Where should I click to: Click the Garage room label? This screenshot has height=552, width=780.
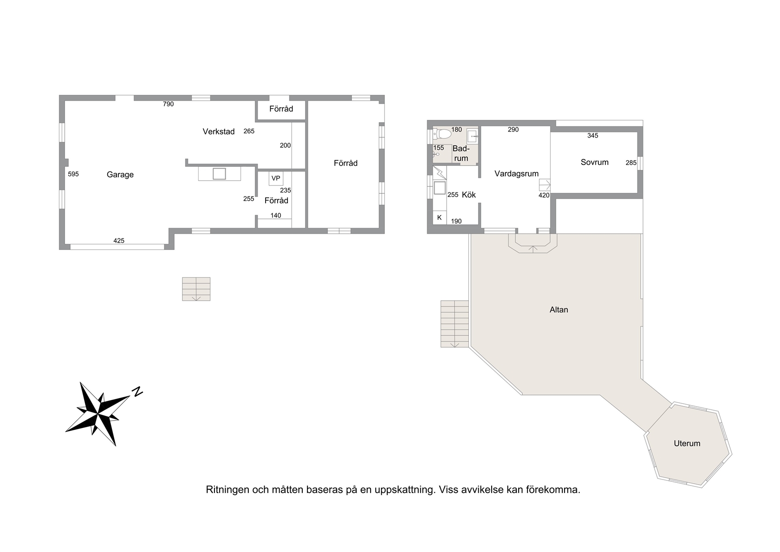120,175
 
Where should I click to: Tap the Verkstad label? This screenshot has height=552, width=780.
219,131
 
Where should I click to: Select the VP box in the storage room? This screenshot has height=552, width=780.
276,178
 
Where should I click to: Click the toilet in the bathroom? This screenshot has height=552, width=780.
443,134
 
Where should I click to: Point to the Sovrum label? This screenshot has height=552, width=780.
594,162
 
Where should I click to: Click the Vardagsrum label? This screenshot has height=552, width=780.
516,174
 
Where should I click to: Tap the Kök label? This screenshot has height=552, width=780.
469,195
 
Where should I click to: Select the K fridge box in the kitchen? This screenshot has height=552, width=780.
440,217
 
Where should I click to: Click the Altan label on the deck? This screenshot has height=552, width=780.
559,309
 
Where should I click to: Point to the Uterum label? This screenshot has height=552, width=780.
687,443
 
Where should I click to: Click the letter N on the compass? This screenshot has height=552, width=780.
137,391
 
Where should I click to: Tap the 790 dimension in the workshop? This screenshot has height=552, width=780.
168,104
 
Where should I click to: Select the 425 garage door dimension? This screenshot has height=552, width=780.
119,241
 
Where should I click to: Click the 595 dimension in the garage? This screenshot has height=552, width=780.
73,174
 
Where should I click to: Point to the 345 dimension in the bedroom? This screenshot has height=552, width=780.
592,136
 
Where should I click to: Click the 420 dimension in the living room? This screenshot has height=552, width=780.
544,195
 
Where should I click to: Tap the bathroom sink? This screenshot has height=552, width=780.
472,136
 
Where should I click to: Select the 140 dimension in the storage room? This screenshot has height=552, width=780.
276,216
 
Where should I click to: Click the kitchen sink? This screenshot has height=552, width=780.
440,188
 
